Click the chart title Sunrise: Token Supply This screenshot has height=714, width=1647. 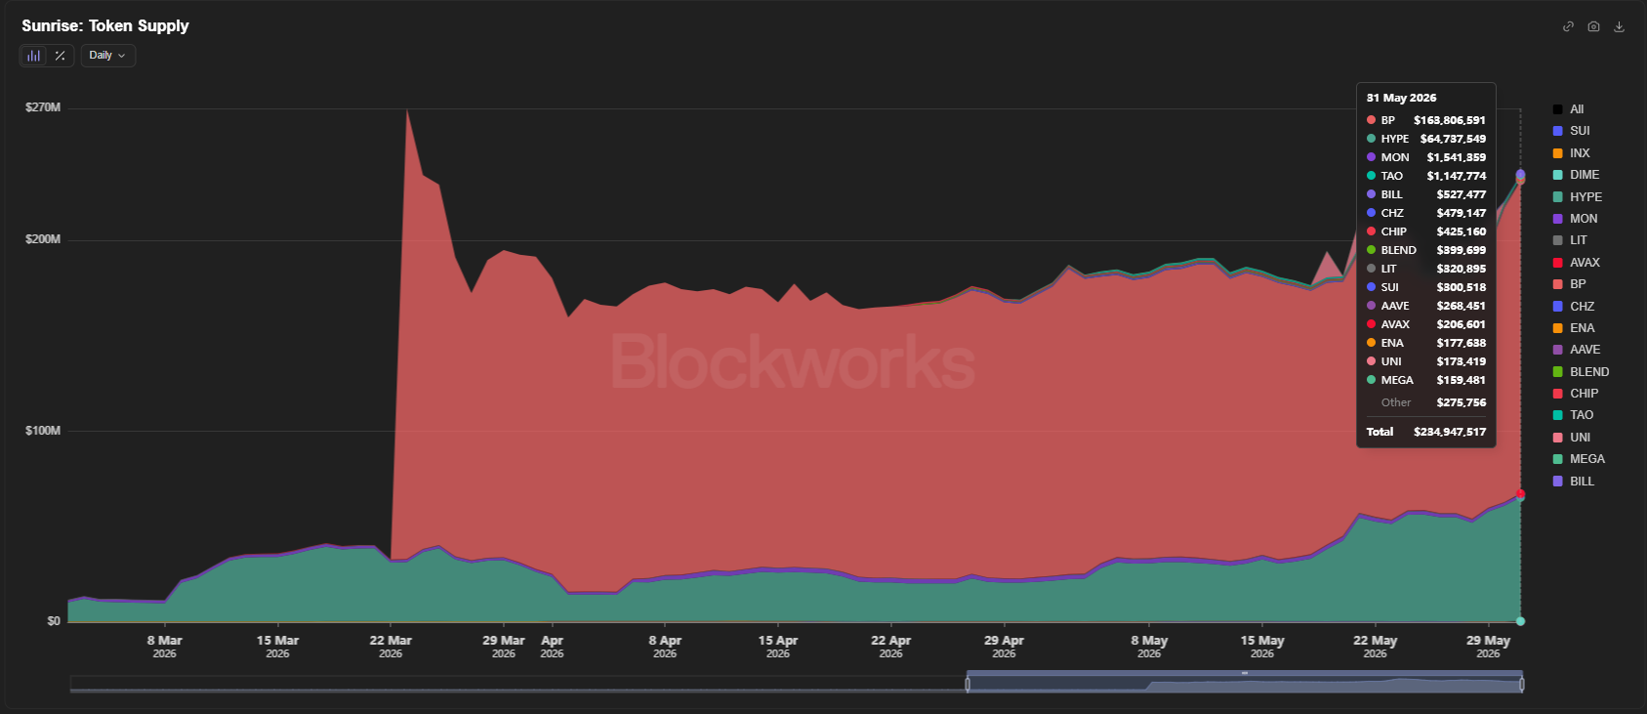click(105, 25)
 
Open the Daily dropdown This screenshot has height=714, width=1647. click(108, 55)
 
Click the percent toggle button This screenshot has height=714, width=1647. click(61, 55)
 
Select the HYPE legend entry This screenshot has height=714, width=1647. click(1578, 197)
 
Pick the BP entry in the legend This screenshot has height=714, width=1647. click(1570, 284)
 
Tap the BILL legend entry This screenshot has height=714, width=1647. click(1574, 481)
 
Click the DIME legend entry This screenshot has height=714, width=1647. click(1576, 174)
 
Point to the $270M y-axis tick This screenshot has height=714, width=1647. click(43, 107)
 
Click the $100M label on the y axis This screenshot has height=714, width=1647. click(43, 430)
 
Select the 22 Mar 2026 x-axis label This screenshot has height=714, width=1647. click(391, 647)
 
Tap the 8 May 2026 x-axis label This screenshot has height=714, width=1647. click(1149, 647)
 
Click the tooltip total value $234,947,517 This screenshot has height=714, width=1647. click(1449, 432)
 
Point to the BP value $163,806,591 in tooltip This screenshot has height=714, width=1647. click(1449, 120)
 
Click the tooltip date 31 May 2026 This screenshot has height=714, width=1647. click(1401, 98)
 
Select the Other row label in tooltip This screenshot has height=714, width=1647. click(1395, 402)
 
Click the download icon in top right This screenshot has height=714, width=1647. click(1619, 26)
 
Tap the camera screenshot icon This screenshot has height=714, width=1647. click(1593, 26)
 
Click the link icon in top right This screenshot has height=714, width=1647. click(1568, 26)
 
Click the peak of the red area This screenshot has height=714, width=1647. click(407, 109)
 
